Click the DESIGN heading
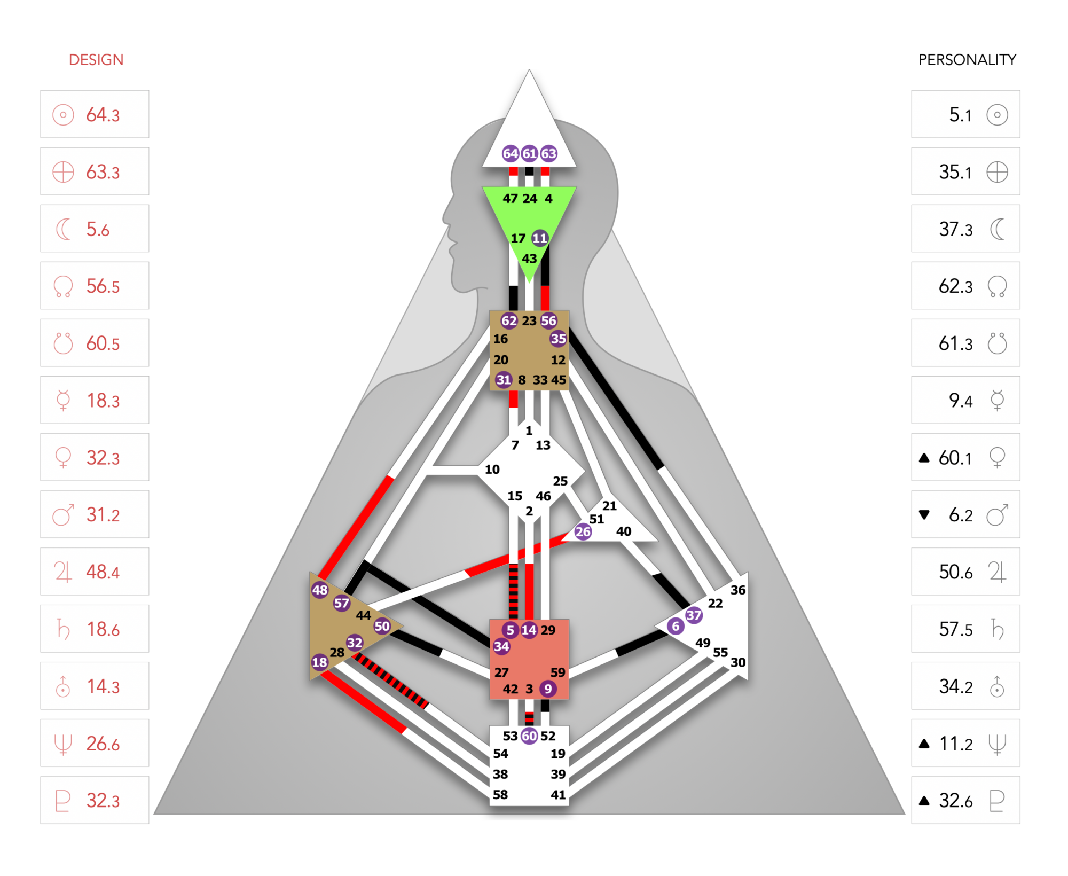[x=96, y=60]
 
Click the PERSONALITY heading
[x=967, y=60]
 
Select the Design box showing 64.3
[x=95, y=114]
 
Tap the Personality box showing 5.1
[x=965, y=114]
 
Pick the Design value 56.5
[x=103, y=286]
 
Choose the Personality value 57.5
[x=956, y=629]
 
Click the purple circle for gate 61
[x=529, y=154]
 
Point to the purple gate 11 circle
[x=540, y=238]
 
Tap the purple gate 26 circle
[x=583, y=531]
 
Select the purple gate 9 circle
[x=548, y=689]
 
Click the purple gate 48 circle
[x=320, y=590]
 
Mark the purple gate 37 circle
[x=694, y=615]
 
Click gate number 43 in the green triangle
[x=529, y=259]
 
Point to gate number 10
[x=492, y=470]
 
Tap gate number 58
[x=500, y=795]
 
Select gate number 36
[x=738, y=590]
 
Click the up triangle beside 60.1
[x=924, y=458]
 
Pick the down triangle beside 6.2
[x=924, y=515]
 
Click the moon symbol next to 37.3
[x=996, y=229]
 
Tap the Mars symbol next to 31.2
[x=63, y=515]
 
